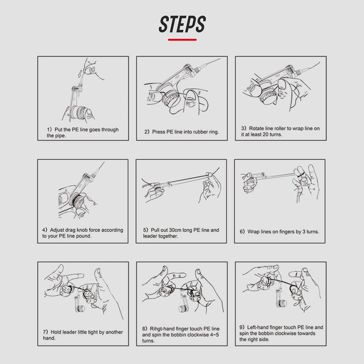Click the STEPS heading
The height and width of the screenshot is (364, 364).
click(x=182, y=24)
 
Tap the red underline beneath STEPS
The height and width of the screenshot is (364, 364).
click(x=182, y=40)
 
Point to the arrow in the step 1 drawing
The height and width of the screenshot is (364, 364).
click(x=80, y=73)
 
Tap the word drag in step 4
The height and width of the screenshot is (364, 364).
click(x=70, y=230)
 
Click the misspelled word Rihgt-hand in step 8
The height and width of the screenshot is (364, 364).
click(x=162, y=329)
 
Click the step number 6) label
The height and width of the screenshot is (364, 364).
click(x=242, y=232)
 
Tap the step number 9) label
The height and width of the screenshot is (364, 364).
click(x=242, y=327)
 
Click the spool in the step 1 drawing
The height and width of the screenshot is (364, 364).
click(x=78, y=112)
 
